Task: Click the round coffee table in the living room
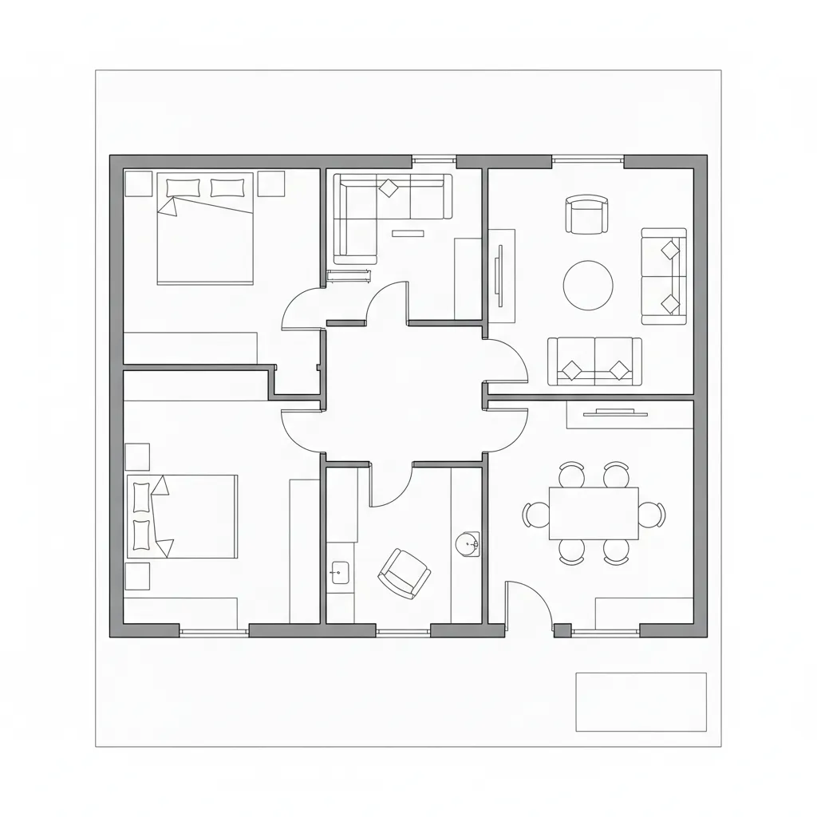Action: coord(588,286)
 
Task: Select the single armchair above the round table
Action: coord(586,215)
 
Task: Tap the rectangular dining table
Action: coord(594,513)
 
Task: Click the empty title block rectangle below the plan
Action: coord(641,701)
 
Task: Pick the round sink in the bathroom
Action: coord(468,544)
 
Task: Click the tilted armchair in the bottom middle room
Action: coord(404,573)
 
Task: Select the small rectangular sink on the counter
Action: coord(340,571)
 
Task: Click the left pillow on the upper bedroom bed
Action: coord(184,187)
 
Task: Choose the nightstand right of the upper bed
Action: coord(270,184)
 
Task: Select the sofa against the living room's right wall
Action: coord(665,277)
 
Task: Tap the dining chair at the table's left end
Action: coord(533,514)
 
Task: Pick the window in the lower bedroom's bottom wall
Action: coord(213,632)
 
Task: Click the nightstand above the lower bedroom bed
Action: coord(137,456)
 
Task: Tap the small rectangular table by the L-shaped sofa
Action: coord(408,233)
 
